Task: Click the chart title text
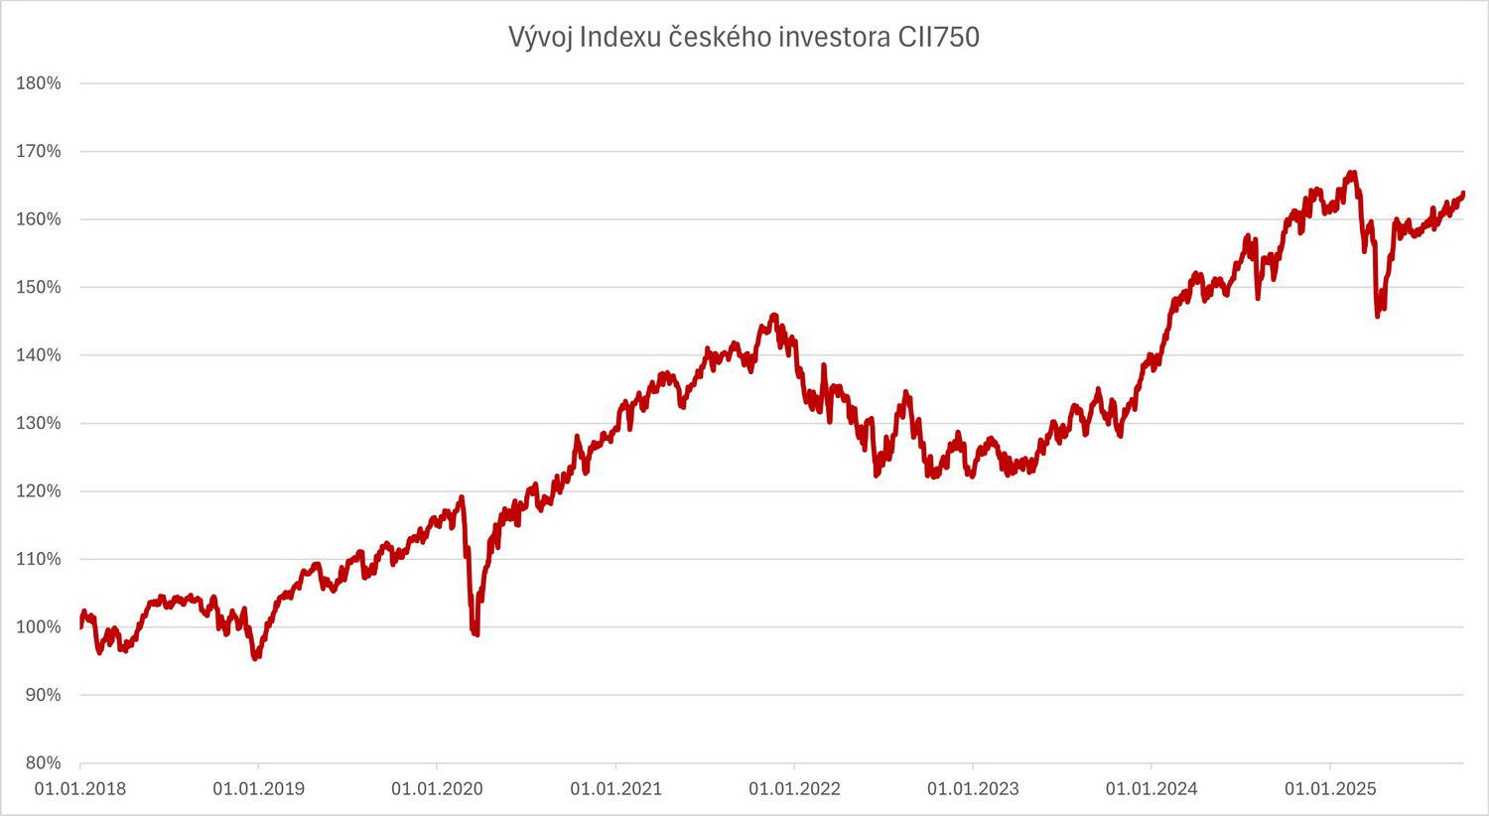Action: tap(744, 37)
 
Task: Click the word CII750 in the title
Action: tap(939, 37)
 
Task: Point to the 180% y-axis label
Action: tap(39, 83)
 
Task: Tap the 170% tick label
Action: tap(39, 152)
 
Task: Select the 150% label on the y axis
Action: tap(39, 287)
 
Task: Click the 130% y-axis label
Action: tap(39, 423)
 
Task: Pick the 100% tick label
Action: tap(39, 626)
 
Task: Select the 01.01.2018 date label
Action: tap(79, 789)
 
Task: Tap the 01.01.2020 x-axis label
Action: tap(437, 789)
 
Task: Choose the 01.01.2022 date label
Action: tap(794, 789)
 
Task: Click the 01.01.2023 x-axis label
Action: tap(973, 789)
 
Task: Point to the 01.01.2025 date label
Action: tap(1330, 789)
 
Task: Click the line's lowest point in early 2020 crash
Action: tap(476, 634)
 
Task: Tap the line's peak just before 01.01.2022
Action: tap(773, 316)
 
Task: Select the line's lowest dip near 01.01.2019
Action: tap(256, 658)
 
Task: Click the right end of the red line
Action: tap(1463, 194)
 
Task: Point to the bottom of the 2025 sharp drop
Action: tap(1378, 316)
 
